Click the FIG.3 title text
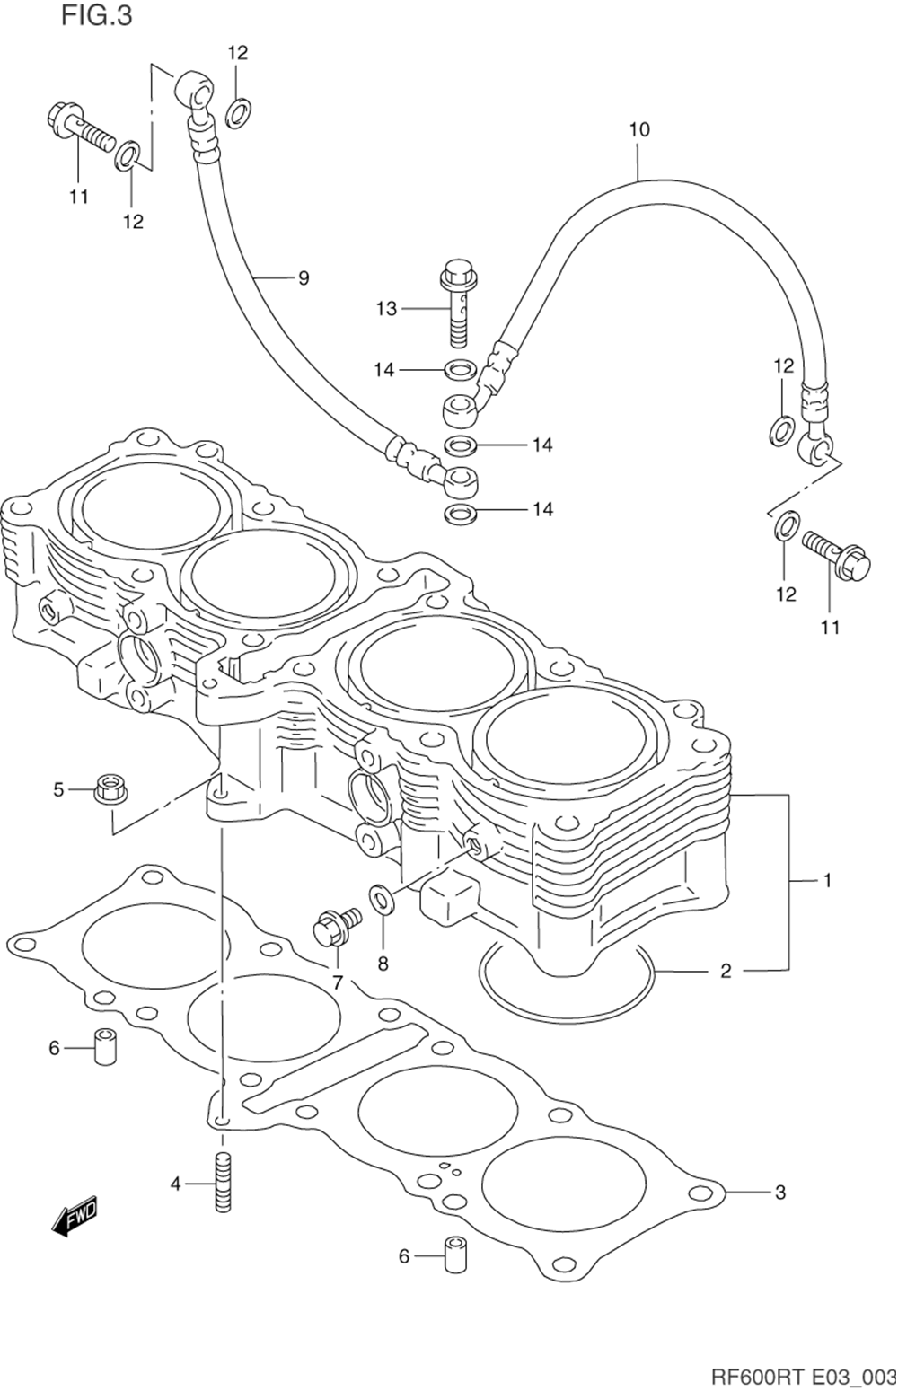(x=97, y=16)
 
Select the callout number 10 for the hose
(x=639, y=130)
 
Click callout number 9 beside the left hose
(x=303, y=278)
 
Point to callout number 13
(x=386, y=308)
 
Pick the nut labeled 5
(x=110, y=789)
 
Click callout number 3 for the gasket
(x=780, y=1193)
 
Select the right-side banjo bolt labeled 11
(x=837, y=551)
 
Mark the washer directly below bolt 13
(x=460, y=371)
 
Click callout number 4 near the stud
(x=176, y=1184)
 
